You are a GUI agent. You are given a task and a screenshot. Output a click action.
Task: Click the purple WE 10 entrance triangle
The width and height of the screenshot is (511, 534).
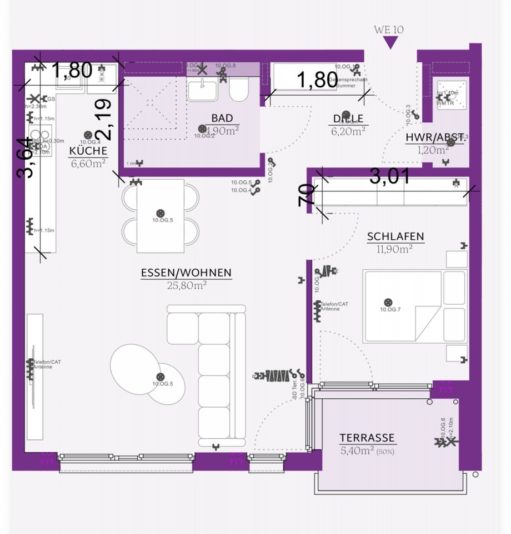(392, 43)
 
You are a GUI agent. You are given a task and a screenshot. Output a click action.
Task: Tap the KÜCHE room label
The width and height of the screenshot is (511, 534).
(88, 151)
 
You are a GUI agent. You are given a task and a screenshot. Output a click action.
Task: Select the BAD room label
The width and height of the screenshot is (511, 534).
(222, 118)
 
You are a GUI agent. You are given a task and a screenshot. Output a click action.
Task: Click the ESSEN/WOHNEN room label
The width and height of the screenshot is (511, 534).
(186, 273)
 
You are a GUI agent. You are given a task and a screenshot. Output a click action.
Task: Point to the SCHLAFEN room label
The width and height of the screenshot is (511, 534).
(395, 236)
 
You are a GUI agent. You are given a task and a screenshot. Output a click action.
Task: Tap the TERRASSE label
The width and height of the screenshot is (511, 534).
(367, 438)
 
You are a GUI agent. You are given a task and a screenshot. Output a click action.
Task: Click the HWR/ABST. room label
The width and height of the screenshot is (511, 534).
(435, 138)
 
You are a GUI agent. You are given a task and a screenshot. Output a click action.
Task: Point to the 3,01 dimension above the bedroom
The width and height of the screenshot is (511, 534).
(390, 177)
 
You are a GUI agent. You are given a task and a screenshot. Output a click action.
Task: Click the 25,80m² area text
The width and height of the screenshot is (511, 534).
(187, 285)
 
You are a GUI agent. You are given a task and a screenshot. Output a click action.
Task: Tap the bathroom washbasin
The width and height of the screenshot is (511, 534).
(204, 89)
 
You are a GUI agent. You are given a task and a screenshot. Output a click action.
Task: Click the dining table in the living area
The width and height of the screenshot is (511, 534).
(161, 215)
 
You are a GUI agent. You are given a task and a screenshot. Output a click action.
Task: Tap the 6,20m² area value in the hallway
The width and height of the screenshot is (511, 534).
(348, 131)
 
